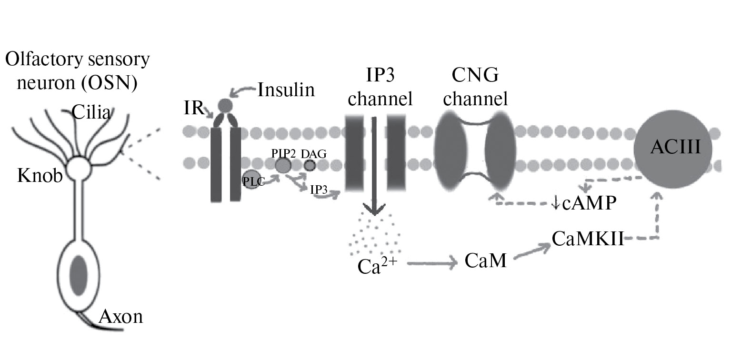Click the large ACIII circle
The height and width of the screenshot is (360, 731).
point(672,149)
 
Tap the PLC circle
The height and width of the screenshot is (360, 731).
point(251,179)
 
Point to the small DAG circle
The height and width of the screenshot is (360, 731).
point(310,165)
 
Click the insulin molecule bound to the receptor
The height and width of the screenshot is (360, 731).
point(225,105)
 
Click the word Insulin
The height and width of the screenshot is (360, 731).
point(286,90)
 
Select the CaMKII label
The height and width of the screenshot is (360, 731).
point(588,238)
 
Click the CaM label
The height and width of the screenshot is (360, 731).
point(485,261)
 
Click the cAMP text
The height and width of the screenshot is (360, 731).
point(590,204)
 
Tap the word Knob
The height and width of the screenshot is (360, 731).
point(40,176)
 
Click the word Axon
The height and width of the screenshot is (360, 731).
point(121,316)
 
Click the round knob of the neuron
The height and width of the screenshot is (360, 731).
point(79,169)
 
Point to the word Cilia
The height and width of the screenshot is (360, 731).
point(91,112)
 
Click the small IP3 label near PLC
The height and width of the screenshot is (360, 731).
point(319,190)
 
